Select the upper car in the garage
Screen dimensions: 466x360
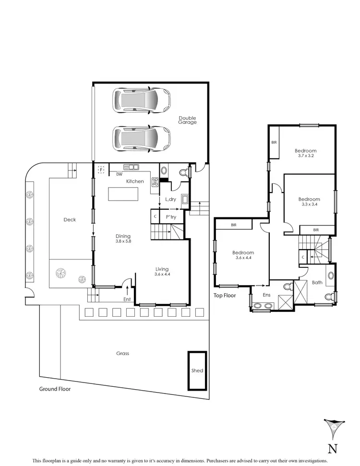142,100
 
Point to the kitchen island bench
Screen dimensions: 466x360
123,194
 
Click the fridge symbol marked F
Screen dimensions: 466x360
101,169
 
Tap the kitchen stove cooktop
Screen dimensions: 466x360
155,182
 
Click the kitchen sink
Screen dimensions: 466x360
131,167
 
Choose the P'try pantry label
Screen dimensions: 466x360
171,217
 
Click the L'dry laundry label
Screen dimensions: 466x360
170,199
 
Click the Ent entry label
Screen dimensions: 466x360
127,299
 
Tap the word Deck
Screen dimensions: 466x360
70,220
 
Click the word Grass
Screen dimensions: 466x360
122,354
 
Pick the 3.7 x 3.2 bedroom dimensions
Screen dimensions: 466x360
306,156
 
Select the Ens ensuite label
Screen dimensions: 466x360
266,295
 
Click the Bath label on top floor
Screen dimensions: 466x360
317,283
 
